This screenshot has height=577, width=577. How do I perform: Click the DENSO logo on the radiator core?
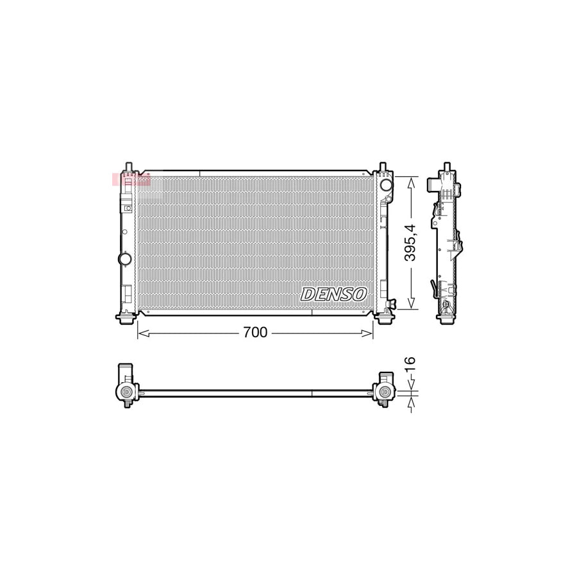pyautogui.click(x=333, y=294)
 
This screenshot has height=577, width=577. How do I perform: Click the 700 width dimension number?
pyautogui.click(x=255, y=333)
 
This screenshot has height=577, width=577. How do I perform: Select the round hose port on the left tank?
pyautogui.click(x=124, y=259)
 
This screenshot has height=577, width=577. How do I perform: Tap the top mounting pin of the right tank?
pyautogui.click(x=383, y=168)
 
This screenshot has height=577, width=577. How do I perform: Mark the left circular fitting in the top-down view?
pyautogui.click(x=126, y=392)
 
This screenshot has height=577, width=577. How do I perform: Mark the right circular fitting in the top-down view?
pyautogui.click(x=385, y=392)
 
